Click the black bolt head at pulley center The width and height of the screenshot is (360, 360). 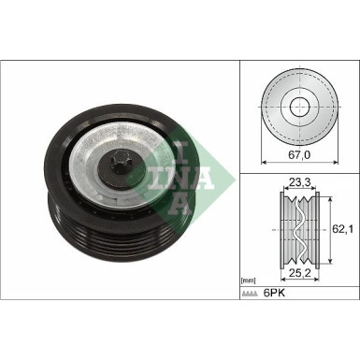[122, 169]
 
